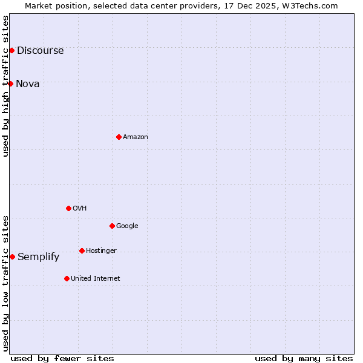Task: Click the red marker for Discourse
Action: coord(11,50)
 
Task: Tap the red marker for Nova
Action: coord(10,83)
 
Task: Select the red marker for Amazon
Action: coord(119,137)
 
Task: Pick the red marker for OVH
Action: coord(68,208)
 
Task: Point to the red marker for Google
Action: coord(112,226)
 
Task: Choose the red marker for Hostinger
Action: coord(82,250)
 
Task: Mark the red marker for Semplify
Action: coord(12,257)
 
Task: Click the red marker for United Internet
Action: coord(67,278)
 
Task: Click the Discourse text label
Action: coord(41,51)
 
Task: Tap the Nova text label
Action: coord(28,84)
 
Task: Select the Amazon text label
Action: coord(136,137)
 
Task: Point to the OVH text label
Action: coord(80,209)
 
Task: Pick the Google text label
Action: coord(127,226)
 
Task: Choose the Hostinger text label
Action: coord(101,251)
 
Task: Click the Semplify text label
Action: coord(39,257)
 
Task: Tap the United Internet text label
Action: coord(96,279)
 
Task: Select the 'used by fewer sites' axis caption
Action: coord(62,358)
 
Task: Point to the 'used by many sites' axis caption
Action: coord(304,358)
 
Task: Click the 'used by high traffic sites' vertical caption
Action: coord(6,86)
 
